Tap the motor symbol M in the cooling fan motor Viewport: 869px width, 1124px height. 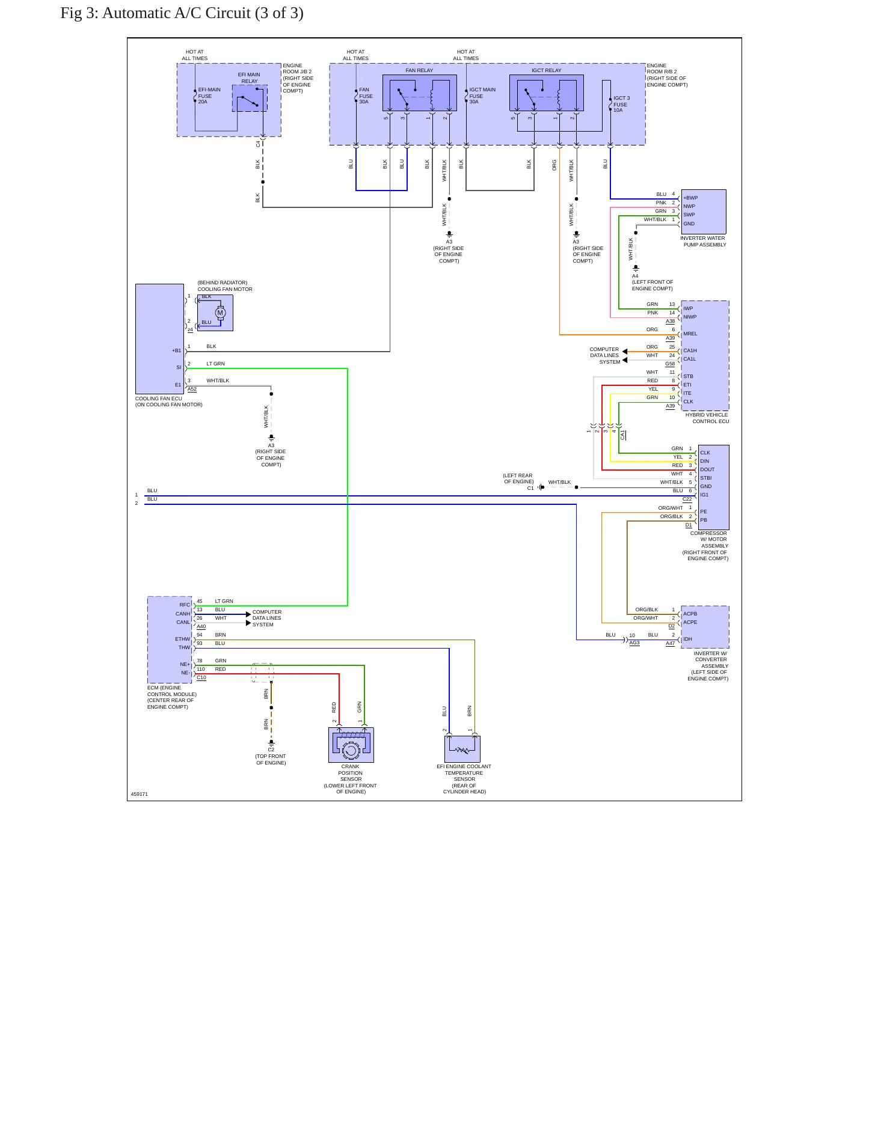pos(220,313)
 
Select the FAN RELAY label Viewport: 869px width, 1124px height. pos(419,70)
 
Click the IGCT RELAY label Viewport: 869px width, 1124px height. pos(546,70)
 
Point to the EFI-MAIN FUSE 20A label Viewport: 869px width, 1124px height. pos(209,96)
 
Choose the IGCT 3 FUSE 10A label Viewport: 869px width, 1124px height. pos(621,104)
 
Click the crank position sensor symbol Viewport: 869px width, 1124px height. pos(351,745)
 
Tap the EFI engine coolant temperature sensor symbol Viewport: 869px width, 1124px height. pos(462,749)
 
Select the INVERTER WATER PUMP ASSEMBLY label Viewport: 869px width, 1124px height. pos(703,242)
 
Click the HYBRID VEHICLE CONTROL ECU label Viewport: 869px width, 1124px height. pos(707,418)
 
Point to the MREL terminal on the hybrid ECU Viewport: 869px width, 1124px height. pos(690,334)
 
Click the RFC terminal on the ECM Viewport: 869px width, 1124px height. pos(185,605)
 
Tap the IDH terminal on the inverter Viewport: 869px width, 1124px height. pos(687,639)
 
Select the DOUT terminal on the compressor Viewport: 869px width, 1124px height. pos(707,469)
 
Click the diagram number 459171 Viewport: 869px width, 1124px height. pos(140,794)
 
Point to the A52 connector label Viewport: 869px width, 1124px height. pos(192,389)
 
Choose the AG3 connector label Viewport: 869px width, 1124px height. pos(634,643)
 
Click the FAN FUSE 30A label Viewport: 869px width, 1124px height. pos(366,96)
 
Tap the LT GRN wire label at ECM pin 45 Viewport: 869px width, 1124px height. pos(224,601)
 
